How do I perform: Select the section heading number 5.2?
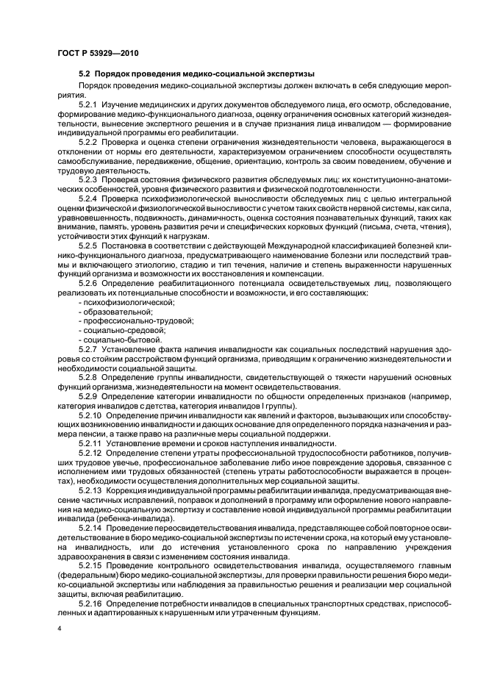coord(85,74)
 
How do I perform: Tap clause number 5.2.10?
coord(90,416)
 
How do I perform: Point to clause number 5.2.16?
coord(90,602)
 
